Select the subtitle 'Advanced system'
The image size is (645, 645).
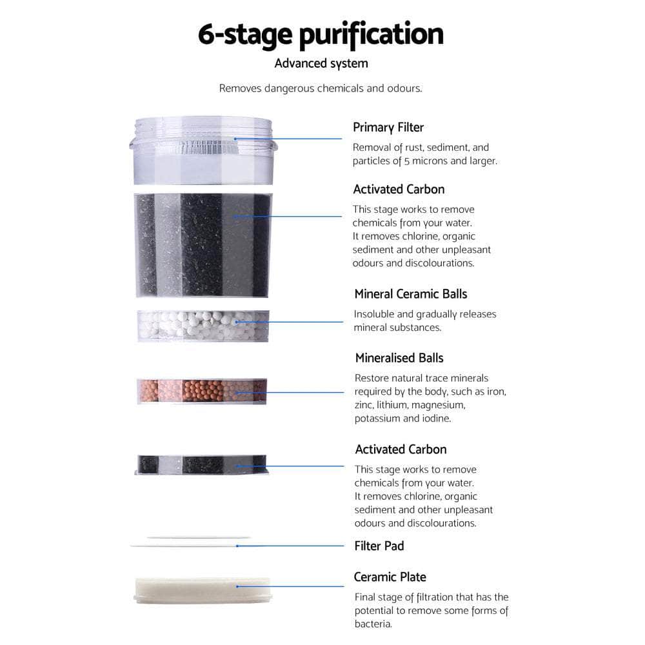[x=321, y=63]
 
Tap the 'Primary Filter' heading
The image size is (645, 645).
[x=388, y=127]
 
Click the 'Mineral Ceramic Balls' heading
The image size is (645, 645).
[x=410, y=293]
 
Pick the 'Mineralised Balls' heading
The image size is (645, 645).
[x=399, y=357]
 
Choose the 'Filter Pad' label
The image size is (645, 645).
[x=379, y=546]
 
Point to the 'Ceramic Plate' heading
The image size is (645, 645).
[x=390, y=577]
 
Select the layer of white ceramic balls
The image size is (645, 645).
[x=203, y=325]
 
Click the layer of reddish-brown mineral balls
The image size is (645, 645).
[x=203, y=391]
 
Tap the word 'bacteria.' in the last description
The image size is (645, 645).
[x=373, y=624]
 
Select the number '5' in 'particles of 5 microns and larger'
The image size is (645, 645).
[x=407, y=161]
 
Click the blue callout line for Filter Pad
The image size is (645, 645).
[x=290, y=546]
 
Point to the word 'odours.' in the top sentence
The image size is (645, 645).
[x=404, y=88]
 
